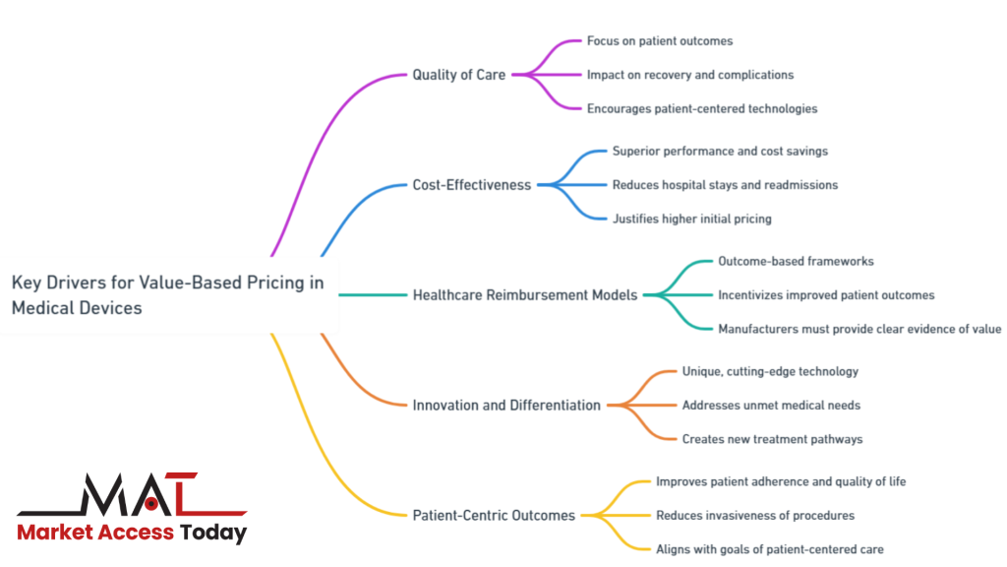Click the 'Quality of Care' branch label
[458, 75]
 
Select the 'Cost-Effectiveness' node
[471, 185]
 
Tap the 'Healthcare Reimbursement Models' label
[525, 295]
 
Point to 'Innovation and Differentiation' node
[505, 406]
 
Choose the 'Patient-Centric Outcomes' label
[493, 516]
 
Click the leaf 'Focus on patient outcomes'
[659, 41]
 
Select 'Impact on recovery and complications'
[689, 75]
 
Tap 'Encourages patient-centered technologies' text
[701, 108]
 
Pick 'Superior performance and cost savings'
[720, 152]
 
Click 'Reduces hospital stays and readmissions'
[725, 185]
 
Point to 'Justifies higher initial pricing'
[692, 219]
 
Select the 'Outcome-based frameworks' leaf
[795, 262]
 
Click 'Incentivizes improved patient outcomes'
[825, 295]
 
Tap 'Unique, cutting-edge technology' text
[770, 372]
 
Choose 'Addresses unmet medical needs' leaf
[771, 406]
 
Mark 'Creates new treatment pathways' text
[772, 439]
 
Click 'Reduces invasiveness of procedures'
[754, 516]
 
